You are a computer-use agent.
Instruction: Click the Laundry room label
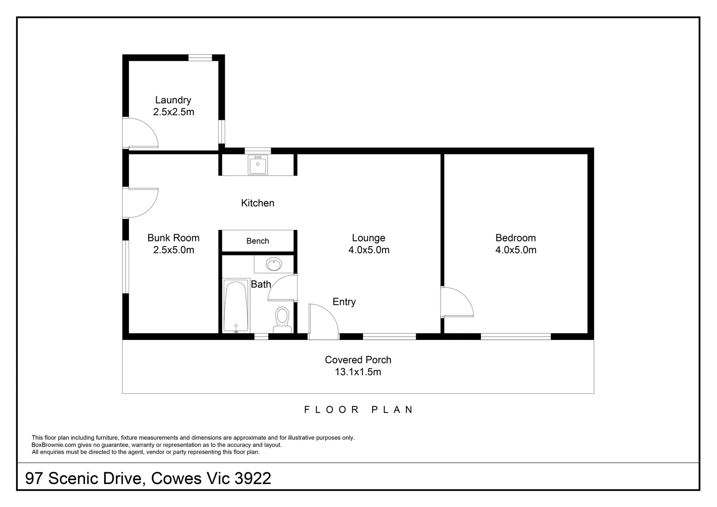[x=173, y=100]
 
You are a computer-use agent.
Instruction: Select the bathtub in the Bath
[x=236, y=306]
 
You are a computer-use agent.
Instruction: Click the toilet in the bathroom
[x=282, y=317]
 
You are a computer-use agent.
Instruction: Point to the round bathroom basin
[x=274, y=264]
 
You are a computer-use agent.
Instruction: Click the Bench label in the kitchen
[x=258, y=241]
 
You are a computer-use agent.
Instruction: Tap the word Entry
[x=344, y=302]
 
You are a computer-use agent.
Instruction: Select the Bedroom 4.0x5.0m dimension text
[x=516, y=250]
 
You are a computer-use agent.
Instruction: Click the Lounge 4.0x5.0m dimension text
[x=369, y=250]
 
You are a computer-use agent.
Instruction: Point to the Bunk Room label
[x=173, y=238]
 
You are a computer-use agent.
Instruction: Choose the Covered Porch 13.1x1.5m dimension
[x=358, y=372]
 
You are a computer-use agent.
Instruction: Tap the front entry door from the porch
[x=323, y=322]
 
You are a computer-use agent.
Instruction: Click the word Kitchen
[x=258, y=203]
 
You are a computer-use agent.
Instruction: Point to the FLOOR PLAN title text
[x=358, y=409]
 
